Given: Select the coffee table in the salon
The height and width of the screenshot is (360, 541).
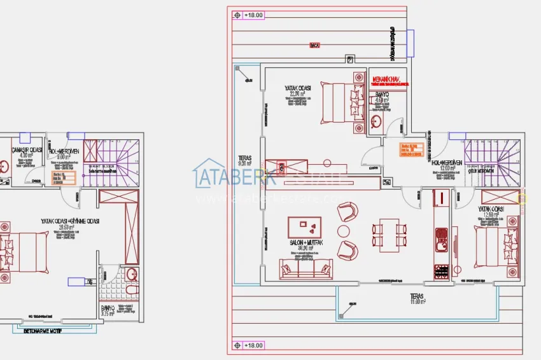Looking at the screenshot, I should (x=304, y=228).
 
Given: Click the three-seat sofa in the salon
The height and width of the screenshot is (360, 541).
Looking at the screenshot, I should (x=304, y=268).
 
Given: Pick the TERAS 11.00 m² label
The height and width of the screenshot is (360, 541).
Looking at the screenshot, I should (x=418, y=299).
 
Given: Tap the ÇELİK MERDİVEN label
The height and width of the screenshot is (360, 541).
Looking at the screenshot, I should (x=446, y=170).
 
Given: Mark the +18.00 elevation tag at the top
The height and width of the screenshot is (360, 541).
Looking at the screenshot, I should (x=249, y=15).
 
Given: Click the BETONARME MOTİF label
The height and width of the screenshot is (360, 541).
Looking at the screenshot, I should (x=48, y=331).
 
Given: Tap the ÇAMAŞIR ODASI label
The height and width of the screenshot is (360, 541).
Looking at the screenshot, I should (x=26, y=151).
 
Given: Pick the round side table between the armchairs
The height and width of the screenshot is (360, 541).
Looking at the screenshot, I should (x=344, y=231).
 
